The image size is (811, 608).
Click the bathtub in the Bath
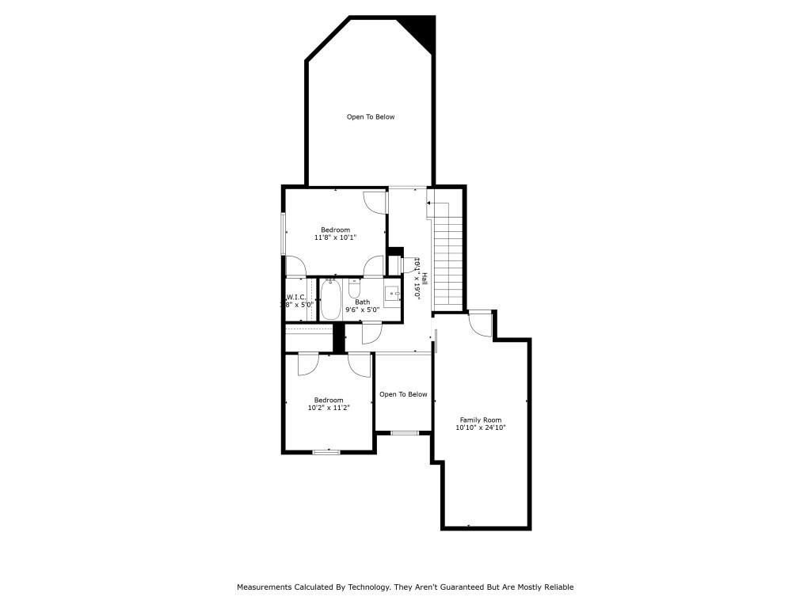pyautogui.click(x=330, y=300)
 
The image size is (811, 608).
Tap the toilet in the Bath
pyautogui.click(x=354, y=288)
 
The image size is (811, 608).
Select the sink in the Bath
pyautogui.click(x=393, y=294)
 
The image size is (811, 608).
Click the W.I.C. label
pyautogui.click(x=295, y=298)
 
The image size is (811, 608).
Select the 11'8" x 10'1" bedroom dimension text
pyautogui.click(x=335, y=237)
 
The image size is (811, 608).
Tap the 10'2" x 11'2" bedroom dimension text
pyautogui.click(x=329, y=408)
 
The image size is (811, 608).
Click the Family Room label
pyautogui.click(x=481, y=420)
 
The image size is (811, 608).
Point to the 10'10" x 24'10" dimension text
pyautogui.click(x=481, y=427)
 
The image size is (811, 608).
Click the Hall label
pyautogui.click(x=425, y=279)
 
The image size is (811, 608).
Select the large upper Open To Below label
pyautogui.click(x=370, y=117)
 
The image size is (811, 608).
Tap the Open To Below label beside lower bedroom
pyautogui.click(x=403, y=394)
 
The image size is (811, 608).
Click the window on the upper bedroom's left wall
pyautogui.click(x=284, y=233)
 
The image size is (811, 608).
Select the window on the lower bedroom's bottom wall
pyautogui.click(x=326, y=451)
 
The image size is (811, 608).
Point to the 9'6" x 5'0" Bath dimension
pyautogui.click(x=362, y=310)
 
